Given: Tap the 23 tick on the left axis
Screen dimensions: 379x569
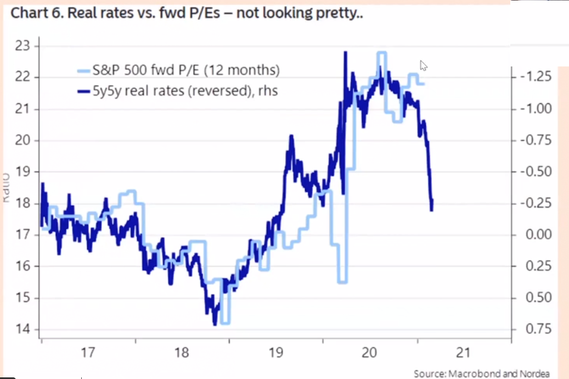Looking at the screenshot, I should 25,46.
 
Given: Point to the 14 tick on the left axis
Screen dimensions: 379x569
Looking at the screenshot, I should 25,330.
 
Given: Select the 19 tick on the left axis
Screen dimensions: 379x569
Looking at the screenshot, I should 25,172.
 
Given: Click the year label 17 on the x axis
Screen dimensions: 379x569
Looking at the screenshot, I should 88,352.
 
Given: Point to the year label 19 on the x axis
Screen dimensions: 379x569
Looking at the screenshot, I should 276,352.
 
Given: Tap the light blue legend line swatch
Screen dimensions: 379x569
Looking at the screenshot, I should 84,70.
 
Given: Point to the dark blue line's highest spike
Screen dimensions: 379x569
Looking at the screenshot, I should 345,52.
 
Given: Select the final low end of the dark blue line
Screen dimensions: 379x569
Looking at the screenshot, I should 432,209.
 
